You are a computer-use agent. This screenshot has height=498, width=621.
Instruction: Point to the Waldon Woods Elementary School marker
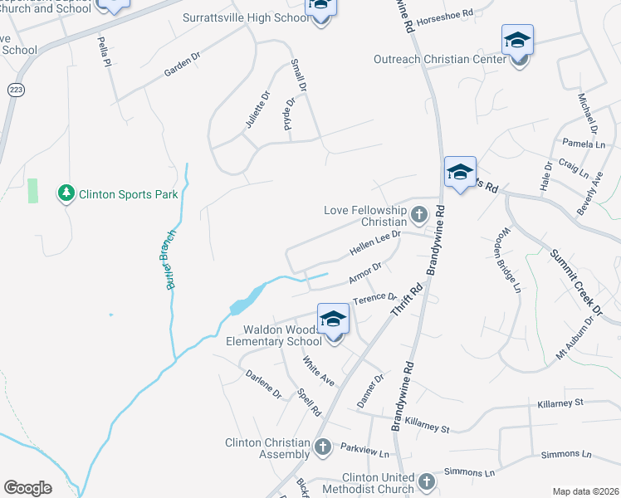point(332,321)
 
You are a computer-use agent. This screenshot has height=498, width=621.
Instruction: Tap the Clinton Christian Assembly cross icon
point(323,448)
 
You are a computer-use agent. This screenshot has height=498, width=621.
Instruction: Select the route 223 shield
point(14,90)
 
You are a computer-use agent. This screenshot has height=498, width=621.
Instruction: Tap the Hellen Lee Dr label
point(375,242)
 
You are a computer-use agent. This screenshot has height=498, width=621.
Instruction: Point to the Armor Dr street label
point(364,271)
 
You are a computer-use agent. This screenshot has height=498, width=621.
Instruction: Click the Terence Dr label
point(375,298)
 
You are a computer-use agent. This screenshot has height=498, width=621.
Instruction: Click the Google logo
point(27,488)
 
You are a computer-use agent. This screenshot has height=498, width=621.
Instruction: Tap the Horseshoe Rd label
point(444,14)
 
